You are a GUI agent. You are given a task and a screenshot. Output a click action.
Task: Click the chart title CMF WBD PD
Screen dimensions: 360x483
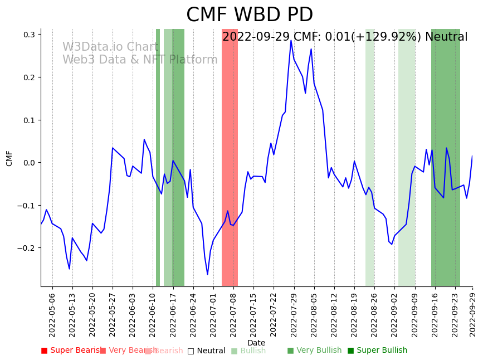[250, 15]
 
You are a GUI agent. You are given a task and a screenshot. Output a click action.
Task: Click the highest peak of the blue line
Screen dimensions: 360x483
[291, 40]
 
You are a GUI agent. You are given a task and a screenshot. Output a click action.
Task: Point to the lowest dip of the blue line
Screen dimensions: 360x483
[207, 274]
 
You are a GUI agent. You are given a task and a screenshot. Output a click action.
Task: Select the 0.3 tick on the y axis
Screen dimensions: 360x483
[30, 35]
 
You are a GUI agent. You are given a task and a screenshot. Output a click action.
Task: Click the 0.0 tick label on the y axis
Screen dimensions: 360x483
[30, 163]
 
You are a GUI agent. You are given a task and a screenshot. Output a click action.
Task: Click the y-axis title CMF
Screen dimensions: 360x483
[9, 158]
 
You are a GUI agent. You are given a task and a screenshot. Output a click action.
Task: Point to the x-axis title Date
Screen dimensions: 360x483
[256, 343]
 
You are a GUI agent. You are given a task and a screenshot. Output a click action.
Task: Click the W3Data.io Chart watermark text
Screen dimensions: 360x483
[110, 47]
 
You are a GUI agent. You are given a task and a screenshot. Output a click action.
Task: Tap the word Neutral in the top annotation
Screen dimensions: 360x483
[446, 37]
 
